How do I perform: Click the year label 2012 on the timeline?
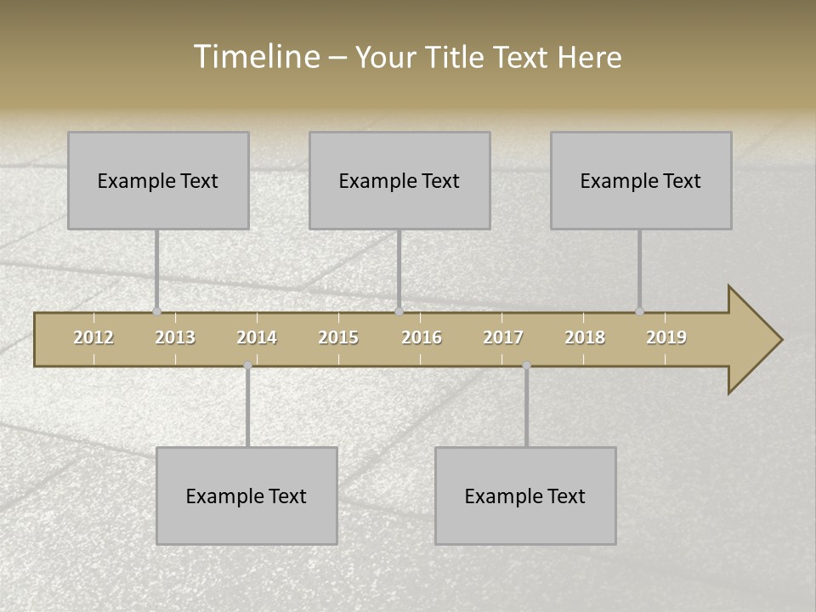pos(93,337)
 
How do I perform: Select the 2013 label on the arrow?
pos(175,337)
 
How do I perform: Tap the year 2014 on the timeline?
pos(257,337)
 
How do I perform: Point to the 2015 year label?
pos(338,337)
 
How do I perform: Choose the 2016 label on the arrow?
pos(422,337)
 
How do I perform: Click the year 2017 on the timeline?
pos(503,337)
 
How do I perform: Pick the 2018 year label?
pos(585,337)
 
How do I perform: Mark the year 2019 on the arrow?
pos(666,337)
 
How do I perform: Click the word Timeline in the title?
pos(255,57)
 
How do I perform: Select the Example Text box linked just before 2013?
pos(158,180)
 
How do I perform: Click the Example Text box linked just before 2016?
pos(399,180)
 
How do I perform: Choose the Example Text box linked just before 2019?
pos(641,180)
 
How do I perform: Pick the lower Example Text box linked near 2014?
pos(246,496)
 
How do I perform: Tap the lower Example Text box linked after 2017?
pos(525,496)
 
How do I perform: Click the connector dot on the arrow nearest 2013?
pos(156,311)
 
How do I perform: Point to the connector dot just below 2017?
pos(526,365)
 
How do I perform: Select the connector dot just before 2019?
pos(639,311)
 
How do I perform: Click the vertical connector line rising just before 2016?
pos(399,268)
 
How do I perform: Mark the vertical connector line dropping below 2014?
pos(247,406)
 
